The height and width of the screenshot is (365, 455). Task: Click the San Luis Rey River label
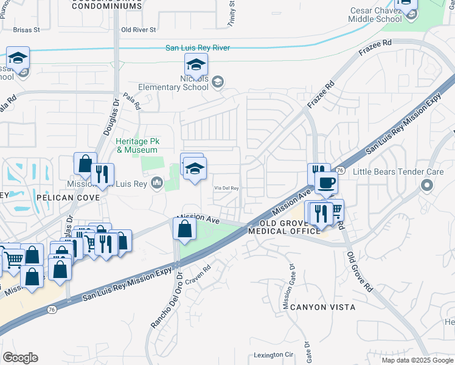(x=198, y=47)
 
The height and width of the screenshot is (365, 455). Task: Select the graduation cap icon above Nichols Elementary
(x=196, y=64)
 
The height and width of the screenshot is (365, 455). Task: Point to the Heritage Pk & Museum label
(x=137, y=145)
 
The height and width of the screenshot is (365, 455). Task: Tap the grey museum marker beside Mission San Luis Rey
(x=157, y=182)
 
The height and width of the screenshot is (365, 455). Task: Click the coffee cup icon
(x=326, y=182)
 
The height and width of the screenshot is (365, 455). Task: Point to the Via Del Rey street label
(x=226, y=189)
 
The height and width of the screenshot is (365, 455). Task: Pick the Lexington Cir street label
(x=273, y=355)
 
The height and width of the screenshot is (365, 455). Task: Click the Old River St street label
(x=139, y=29)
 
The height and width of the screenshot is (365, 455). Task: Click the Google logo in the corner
(x=20, y=357)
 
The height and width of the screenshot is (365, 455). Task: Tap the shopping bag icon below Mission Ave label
(x=184, y=229)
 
